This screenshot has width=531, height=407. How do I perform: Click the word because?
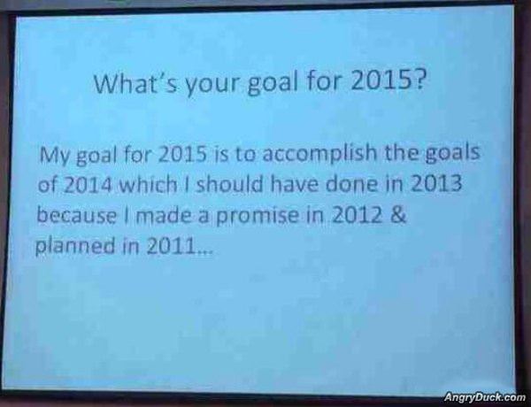coord(75,217)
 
